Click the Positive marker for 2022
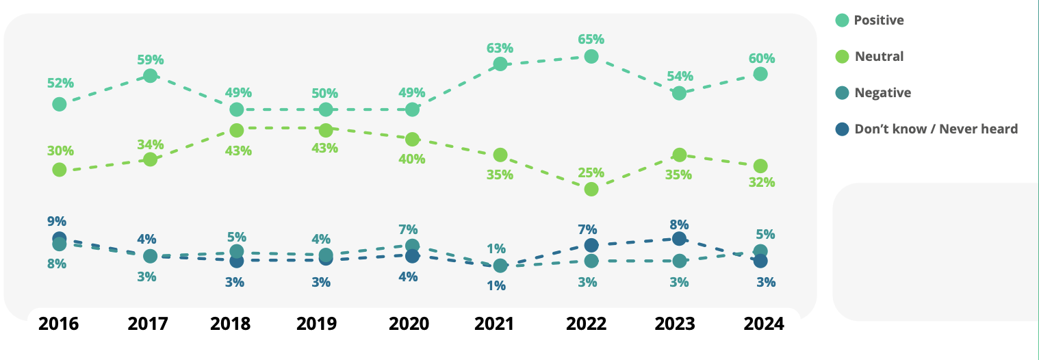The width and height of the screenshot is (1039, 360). point(591,56)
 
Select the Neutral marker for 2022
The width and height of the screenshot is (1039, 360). point(591,189)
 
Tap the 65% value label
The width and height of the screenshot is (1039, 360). point(591,39)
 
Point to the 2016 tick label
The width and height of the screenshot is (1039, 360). point(59,323)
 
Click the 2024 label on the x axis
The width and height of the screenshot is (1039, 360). point(764,323)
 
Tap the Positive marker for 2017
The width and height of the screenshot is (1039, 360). point(151,75)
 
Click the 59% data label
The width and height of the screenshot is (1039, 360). point(150,59)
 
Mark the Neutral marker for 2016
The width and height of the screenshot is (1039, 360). point(60,169)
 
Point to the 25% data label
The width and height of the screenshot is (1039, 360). point(591,172)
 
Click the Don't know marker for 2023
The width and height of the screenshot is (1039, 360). point(679,238)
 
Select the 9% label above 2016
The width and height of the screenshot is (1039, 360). point(57,221)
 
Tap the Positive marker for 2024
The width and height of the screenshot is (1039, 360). point(760,74)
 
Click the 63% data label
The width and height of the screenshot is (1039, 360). point(500,48)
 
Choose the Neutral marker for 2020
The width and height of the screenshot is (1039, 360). point(412,139)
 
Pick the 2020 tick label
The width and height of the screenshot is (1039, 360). point(409,323)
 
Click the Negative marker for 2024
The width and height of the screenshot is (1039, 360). point(760,251)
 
